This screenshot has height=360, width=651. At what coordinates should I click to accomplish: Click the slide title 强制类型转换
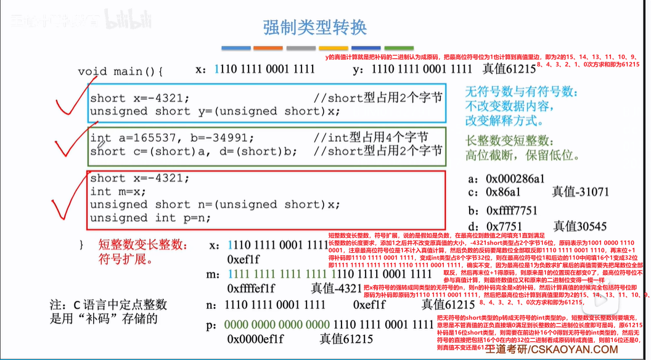[314, 28]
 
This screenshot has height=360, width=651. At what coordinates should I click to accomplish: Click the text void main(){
[120, 72]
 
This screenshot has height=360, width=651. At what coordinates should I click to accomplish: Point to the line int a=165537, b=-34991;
[172, 137]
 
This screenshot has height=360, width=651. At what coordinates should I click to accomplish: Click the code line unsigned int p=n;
[150, 218]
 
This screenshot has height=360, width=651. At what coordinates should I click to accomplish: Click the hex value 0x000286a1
[515, 179]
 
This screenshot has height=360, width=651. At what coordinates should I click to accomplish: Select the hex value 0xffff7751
[511, 210]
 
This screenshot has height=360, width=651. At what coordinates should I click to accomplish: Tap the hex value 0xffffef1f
[252, 288]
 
